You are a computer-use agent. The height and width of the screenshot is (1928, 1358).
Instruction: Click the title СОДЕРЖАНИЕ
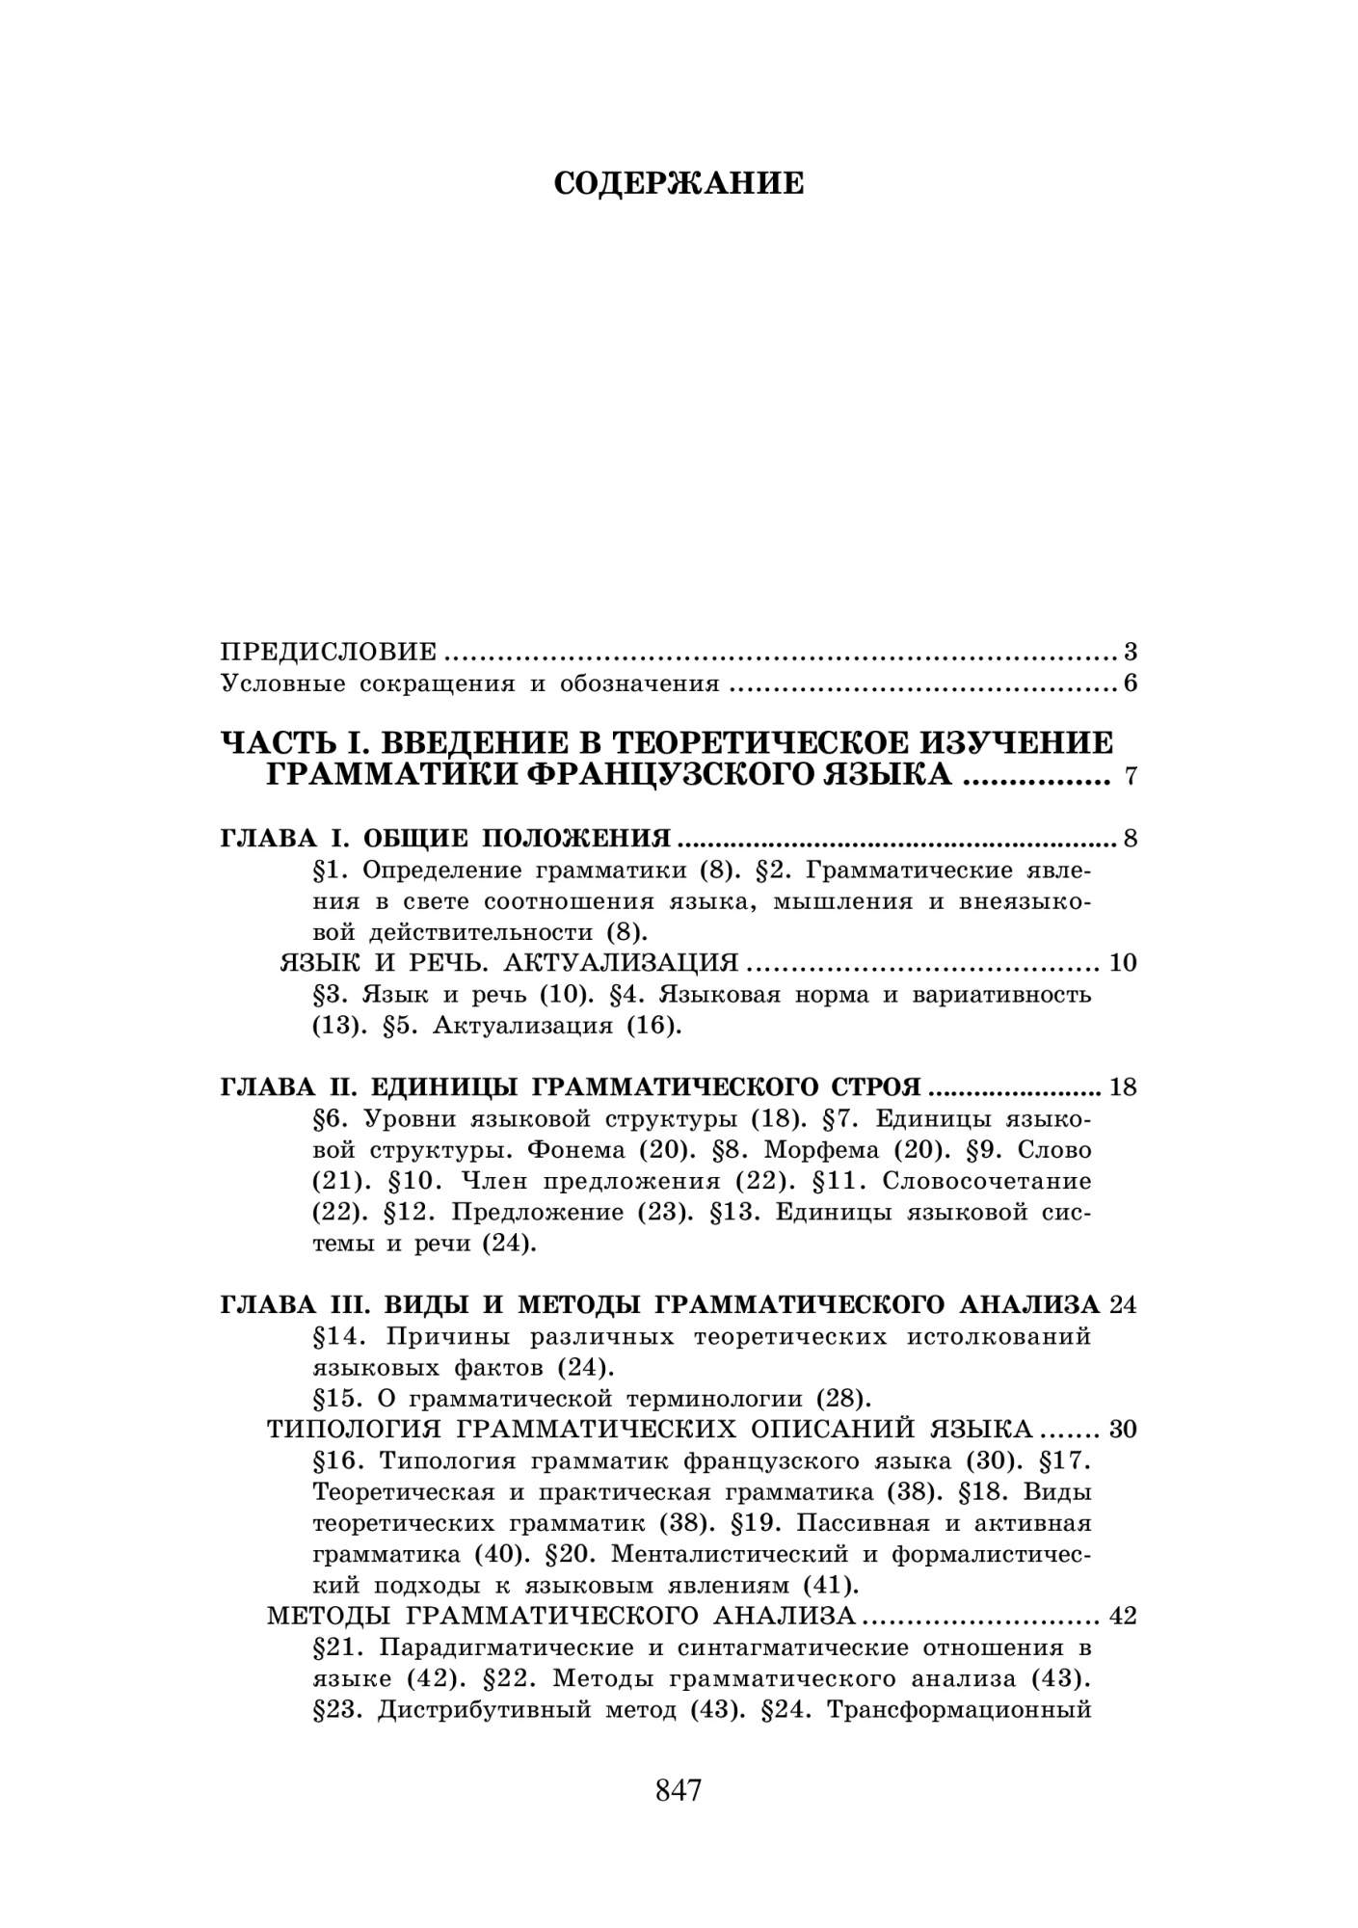679,183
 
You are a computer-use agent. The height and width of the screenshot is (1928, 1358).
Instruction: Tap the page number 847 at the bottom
679,1790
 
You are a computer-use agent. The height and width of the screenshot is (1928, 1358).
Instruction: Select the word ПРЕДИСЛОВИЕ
329,652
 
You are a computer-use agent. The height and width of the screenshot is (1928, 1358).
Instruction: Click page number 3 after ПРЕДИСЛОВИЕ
1130,652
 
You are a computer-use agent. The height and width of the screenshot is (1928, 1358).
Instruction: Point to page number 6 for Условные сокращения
1130,684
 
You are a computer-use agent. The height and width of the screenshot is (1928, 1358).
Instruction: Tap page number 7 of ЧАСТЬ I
1131,777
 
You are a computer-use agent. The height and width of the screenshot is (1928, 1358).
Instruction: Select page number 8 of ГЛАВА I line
1130,838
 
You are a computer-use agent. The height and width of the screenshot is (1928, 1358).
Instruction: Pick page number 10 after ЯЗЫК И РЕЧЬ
1123,962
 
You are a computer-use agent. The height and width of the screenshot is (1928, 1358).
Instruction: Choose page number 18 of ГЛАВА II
1123,1087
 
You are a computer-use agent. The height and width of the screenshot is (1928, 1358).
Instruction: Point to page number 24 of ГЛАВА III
1123,1305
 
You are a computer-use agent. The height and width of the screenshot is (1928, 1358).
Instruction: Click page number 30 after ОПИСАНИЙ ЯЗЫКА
1123,1429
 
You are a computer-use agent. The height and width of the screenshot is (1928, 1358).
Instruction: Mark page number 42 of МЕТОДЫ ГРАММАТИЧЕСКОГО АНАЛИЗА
1123,1616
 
